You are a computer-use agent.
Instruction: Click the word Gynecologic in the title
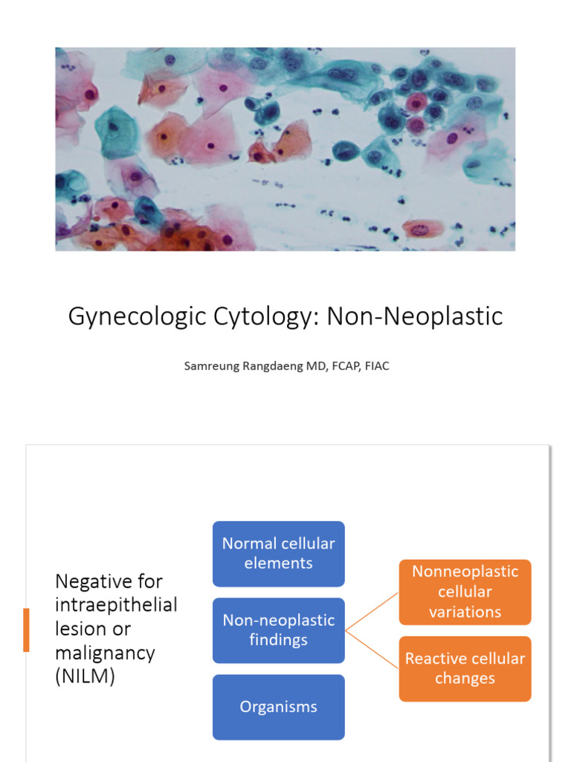pyautogui.click(x=121, y=317)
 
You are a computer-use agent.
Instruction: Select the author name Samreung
pyautogui.click(x=213, y=366)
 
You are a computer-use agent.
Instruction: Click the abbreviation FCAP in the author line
pyautogui.click(x=338, y=366)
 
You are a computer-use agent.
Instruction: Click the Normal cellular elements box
pyautogui.click(x=278, y=554)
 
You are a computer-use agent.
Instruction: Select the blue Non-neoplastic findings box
pyautogui.click(x=278, y=630)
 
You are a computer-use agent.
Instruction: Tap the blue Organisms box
pyautogui.click(x=278, y=707)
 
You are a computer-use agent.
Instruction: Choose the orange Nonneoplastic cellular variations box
pyautogui.click(x=465, y=592)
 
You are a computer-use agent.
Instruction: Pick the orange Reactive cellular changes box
pyautogui.click(x=465, y=668)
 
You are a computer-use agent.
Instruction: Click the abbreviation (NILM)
pyautogui.click(x=86, y=677)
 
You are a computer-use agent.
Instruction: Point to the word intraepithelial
pyautogui.click(x=116, y=605)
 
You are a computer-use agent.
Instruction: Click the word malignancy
pyautogui.click(x=105, y=653)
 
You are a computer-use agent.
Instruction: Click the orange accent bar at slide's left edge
pyautogui.click(x=27, y=630)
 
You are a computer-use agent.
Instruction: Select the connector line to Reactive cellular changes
pyautogui.click(x=372, y=650)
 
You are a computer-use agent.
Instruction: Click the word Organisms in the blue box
pyautogui.click(x=278, y=707)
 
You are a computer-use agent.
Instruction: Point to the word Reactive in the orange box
pyautogui.click(x=434, y=659)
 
